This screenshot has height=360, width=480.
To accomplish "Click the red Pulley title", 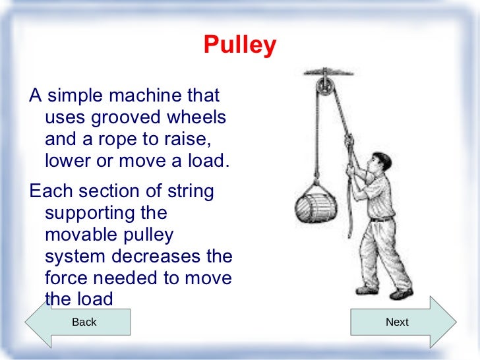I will (240, 46).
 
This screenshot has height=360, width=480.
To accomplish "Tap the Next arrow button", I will (398, 322).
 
